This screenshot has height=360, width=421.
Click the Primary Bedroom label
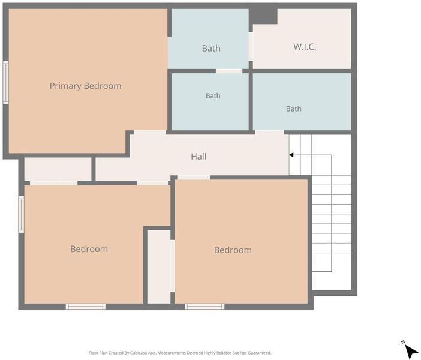point(85,86)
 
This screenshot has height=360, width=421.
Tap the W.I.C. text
point(305,47)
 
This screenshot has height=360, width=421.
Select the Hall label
point(199,157)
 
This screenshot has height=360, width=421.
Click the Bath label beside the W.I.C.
point(211,49)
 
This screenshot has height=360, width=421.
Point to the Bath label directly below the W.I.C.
point(293,109)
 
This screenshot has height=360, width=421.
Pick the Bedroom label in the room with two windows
point(89,249)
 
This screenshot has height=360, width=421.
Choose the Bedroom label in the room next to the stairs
point(233,250)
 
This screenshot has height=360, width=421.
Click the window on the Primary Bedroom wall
point(5,82)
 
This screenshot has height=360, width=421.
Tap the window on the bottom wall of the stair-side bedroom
point(205,307)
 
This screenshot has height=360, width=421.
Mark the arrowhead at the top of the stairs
point(291,155)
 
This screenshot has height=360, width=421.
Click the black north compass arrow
point(411,351)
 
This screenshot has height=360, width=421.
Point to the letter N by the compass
point(403,342)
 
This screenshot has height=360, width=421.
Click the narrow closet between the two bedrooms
point(159,267)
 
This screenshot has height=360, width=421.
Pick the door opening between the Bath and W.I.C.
point(251,47)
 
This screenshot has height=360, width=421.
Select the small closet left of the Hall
point(58,169)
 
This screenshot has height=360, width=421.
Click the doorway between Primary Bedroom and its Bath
point(170,53)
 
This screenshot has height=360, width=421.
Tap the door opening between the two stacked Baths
point(229,71)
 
